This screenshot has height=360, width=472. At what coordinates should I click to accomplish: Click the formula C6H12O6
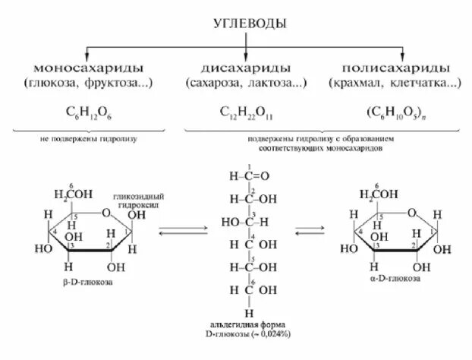(x=84, y=111)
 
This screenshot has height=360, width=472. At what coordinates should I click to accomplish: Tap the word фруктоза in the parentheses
(x=112, y=81)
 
